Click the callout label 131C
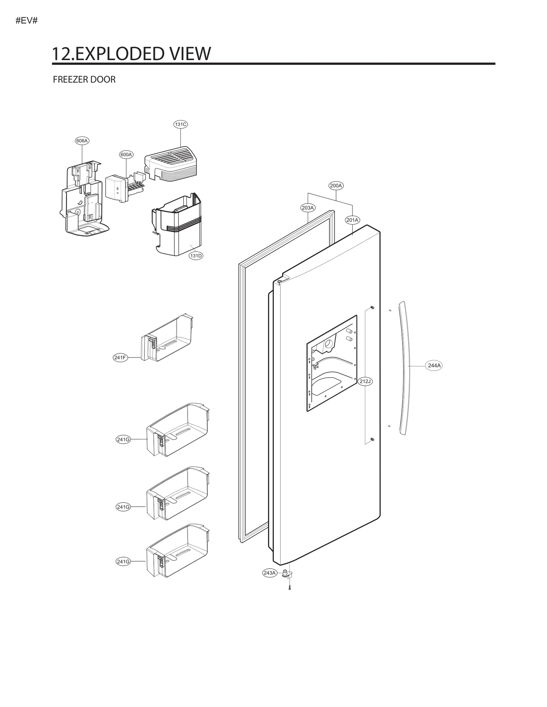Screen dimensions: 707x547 (x=181, y=124)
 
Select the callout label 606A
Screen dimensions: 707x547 (x=82, y=141)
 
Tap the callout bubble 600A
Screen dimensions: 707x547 (x=126, y=155)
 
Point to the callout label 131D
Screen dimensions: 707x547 (x=196, y=256)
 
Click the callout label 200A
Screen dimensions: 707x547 (x=336, y=186)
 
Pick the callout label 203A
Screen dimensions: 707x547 (x=308, y=208)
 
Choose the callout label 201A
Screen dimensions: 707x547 (x=352, y=220)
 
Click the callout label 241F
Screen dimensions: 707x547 (x=120, y=358)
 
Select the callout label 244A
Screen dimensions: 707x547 (x=434, y=366)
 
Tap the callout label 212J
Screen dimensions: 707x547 (x=365, y=381)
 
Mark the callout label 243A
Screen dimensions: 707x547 (x=269, y=573)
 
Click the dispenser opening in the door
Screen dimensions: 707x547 (x=332, y=364)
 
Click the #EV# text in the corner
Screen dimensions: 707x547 (x=27, y=20)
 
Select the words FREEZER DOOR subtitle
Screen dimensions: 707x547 (x=84, y=80)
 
